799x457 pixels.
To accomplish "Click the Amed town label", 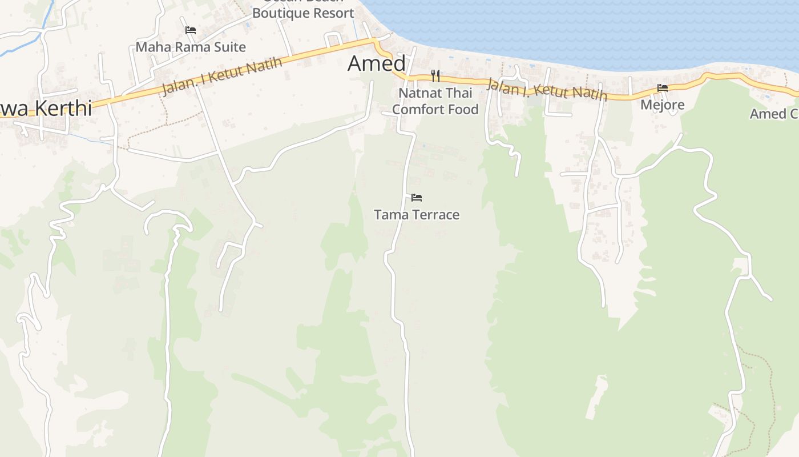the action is [377, 63].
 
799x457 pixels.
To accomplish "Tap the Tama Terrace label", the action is [417, 215].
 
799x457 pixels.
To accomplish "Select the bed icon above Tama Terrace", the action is [417, 198].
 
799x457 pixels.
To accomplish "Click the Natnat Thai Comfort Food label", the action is [435, 101].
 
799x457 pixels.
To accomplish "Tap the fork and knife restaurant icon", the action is [435, 75].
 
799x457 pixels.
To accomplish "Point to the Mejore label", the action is [662, 105].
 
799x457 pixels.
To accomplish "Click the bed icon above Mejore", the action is [663, 88].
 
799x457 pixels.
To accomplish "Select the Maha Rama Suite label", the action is [191, 47].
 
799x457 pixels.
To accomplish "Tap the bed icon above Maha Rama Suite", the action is [191, 30].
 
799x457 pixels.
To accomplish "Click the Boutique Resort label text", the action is [303, 13].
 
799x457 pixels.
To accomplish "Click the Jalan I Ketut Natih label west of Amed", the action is [222, 77].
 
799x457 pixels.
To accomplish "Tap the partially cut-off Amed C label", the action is [774, 114].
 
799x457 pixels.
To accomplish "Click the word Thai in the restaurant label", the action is [459, 93].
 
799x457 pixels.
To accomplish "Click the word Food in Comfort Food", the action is [463, 109].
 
